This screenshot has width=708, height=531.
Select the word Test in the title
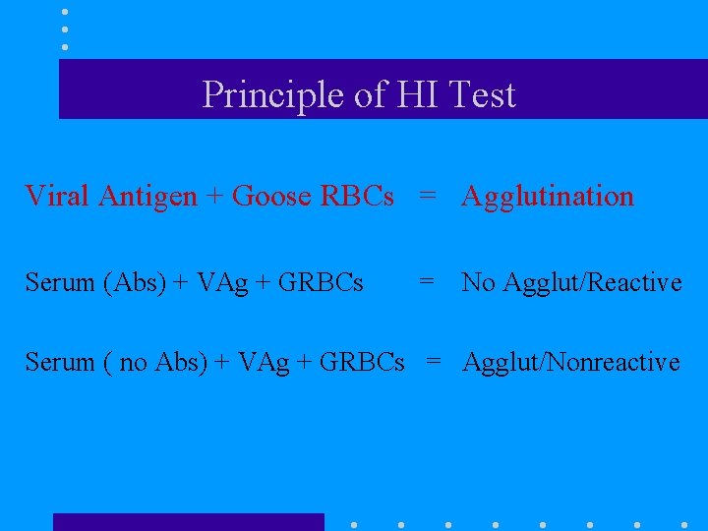(x=481, y=95)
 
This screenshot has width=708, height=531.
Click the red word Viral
(x=54, y=196)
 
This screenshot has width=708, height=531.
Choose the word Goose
(x=272, y=196)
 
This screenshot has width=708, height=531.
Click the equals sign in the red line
(x=427, y=196)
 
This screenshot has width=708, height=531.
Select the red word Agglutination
(x=548, y=197)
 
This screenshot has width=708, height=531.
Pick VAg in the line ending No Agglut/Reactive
(x=217, y=283)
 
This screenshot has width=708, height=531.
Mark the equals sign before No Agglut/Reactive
(x=427, y=282)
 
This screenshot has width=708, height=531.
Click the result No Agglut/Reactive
(x=571, y=283)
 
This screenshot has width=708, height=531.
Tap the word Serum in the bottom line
(x=60, y=362)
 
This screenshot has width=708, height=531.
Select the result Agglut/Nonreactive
(x=571, y=362)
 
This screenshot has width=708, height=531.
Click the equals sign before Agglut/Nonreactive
(x=433, y=362)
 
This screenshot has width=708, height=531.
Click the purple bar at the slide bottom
(x=188, y=522)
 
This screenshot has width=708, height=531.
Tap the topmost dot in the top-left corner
(x=65, y=12)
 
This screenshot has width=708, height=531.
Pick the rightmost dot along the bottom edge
(x=684, y=524)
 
